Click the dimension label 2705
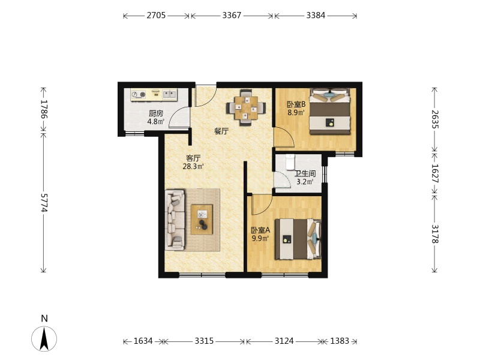pyautogui.click(x=156, y=16)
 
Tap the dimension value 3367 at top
pyautogui.click(x=232, y=16)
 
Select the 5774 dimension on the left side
pyautogui.click(x=44, y=203)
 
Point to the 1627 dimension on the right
pyautogui.click(x=435, y=173)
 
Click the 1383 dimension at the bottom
pyautogui.click(x=340, y=341)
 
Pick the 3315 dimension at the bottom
pyautogui.click(x=204, y=341)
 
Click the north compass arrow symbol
pyautogui.click(x=44, y=338)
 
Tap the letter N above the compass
pyautogui.click(x=44, y=319)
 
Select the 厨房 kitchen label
pyautogui.click(x=156, y=113)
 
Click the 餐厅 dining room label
pyautogui.click(x=221, y=131)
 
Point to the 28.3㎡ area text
pyautogui.click(x=193, y=167)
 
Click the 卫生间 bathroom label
pyautogui.click(x=305, y=173)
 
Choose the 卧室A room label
pyautogui.click(x=260, y=230)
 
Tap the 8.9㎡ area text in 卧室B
pyautogui.click(x=296, y=112)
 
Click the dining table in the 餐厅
pyautogui.click(x=246, y=108)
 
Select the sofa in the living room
pyautogui.click(x=175, y=219)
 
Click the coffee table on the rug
pyautogui.click(x=202, y=220)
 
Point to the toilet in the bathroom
pyautogui.click(x=290, y=161)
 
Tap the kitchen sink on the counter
pyautogui.click(x=170, y=94)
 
